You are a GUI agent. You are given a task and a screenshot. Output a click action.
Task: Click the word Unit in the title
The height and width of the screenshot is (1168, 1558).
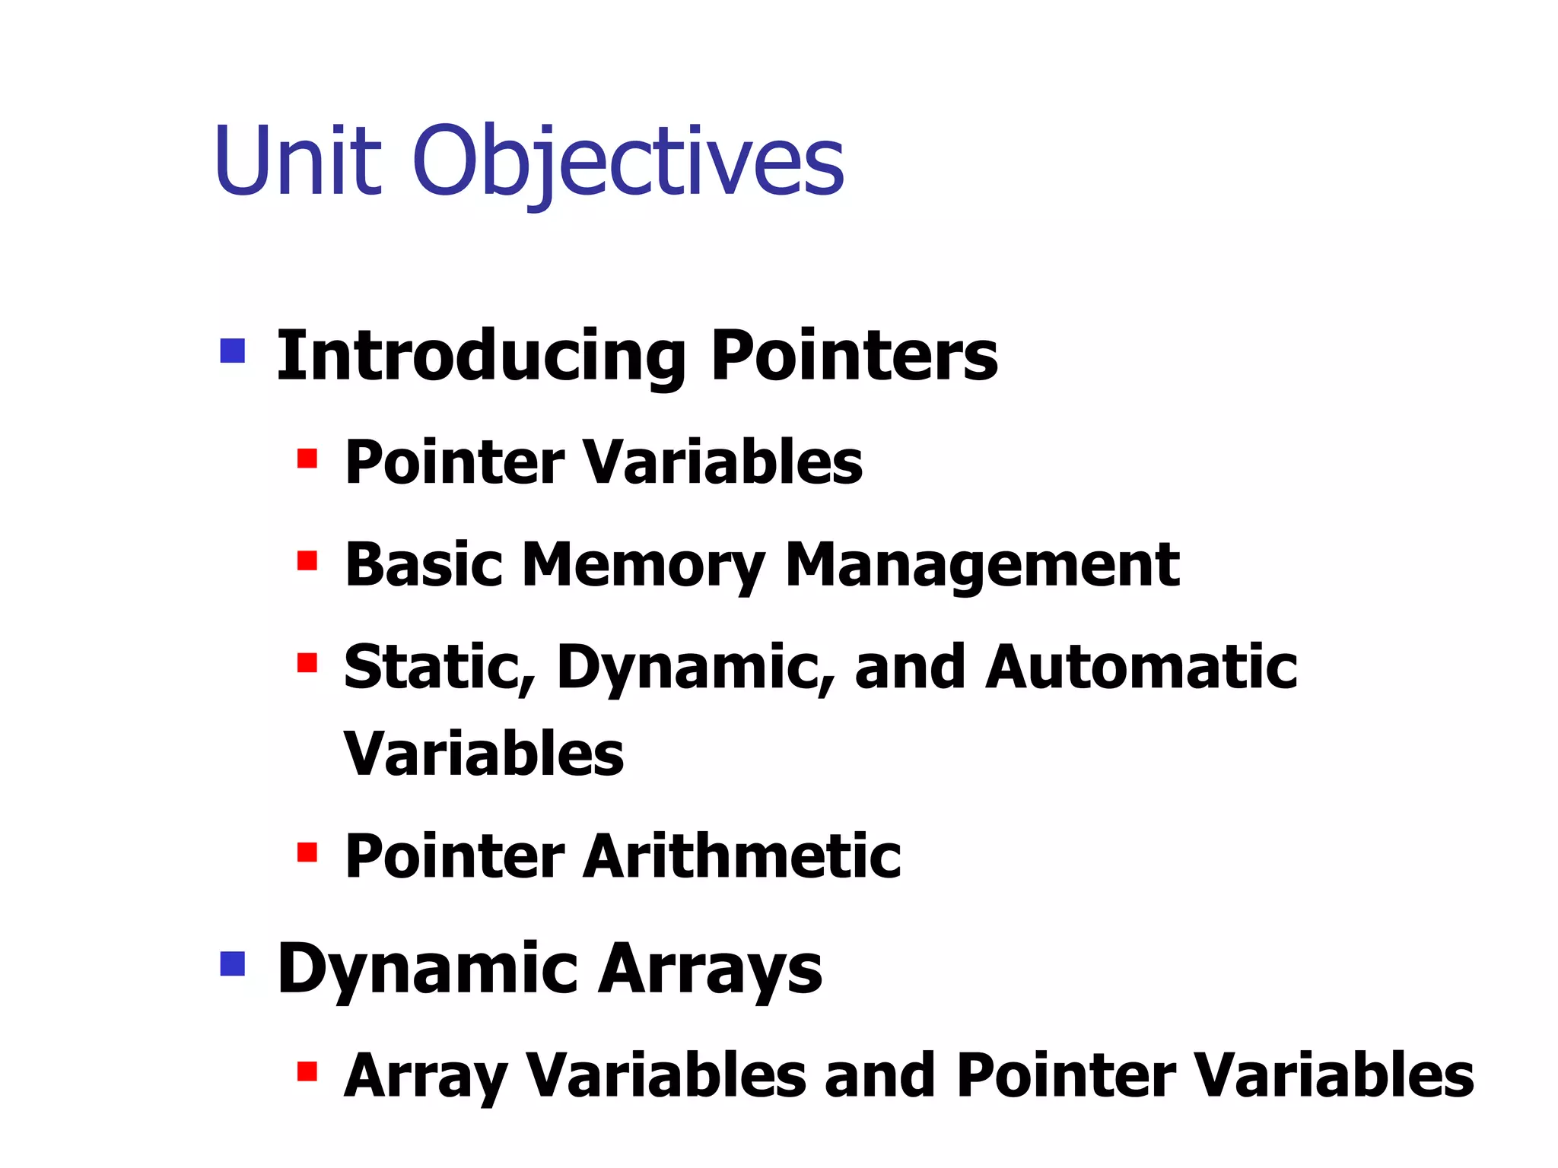point(297,161)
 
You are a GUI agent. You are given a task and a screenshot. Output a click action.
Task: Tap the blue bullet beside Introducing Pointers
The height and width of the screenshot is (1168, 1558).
point(232,351)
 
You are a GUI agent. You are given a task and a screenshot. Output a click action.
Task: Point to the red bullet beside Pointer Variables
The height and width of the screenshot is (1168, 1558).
point(307,459)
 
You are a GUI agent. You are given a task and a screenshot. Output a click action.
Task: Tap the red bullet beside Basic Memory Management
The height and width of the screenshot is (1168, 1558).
point(307,561)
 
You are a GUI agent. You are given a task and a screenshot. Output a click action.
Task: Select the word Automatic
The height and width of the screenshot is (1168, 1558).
point(1141,667)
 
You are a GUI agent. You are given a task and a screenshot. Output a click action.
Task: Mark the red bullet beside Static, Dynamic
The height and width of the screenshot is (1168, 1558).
point(307,663)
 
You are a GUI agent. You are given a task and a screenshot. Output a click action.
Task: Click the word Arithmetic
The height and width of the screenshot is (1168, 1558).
point(742,856)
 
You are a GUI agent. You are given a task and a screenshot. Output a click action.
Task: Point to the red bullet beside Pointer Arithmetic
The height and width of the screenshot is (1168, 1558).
point(307,852)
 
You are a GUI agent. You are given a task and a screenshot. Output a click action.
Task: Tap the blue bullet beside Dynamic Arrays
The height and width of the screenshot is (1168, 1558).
point(232,963)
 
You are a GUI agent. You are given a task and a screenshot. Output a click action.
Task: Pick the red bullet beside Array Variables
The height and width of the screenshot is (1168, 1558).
point(307,1071)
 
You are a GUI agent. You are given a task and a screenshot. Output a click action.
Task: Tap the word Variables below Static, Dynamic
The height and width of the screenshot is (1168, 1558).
point(484,754)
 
